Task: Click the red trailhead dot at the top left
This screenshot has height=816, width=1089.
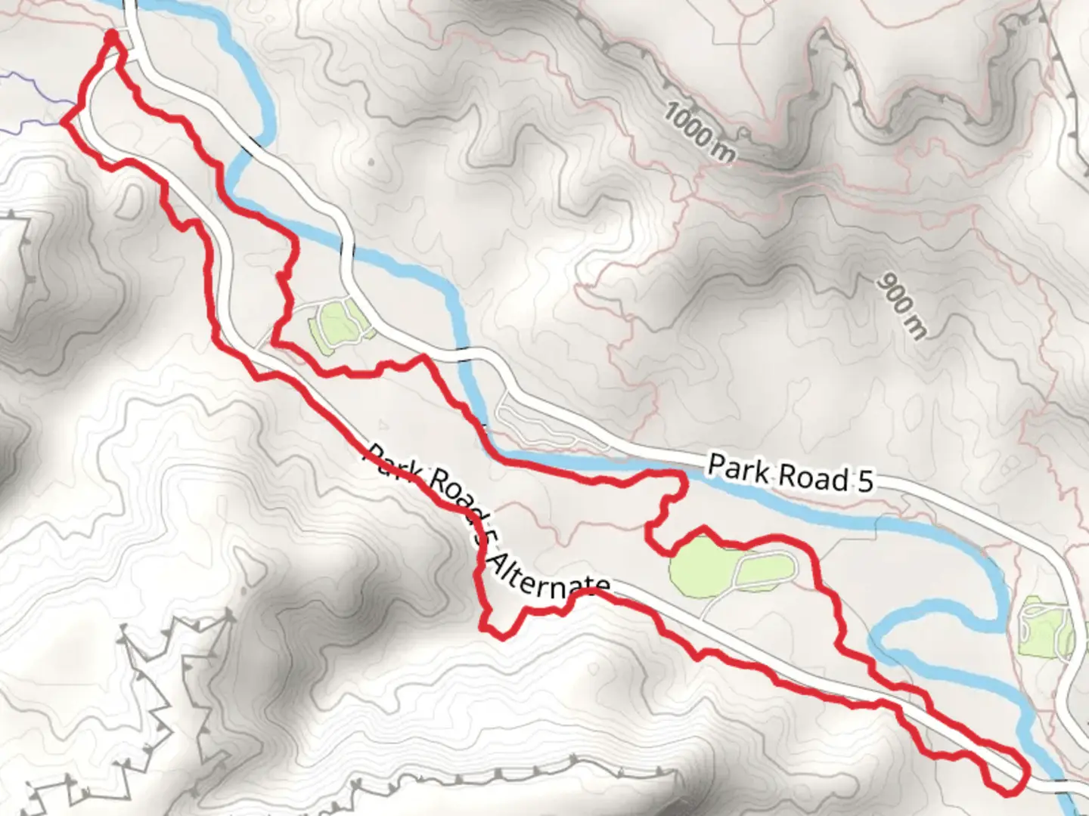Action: click(x=111, y=36)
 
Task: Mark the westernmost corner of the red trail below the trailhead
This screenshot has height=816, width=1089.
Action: click(x=63, y=121)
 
